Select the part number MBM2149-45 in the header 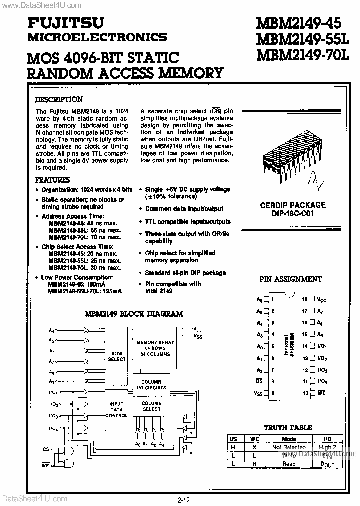(x=291, y=23)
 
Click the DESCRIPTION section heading (x=59, y=99)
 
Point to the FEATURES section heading (x=53, y=180)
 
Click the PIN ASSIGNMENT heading (x=291, y=279)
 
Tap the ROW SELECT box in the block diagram (x=117, y=356)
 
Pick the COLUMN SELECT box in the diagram (x=151, y=406)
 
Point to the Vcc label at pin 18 (x=322, y=300)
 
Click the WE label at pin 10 (x=322, y=393)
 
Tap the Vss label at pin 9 (x=258, y=393)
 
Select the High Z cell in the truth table (x=328, y=447)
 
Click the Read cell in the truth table (x=289, y=464)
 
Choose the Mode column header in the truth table (x=289, y=439)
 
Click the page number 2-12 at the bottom (x=183, y=499)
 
